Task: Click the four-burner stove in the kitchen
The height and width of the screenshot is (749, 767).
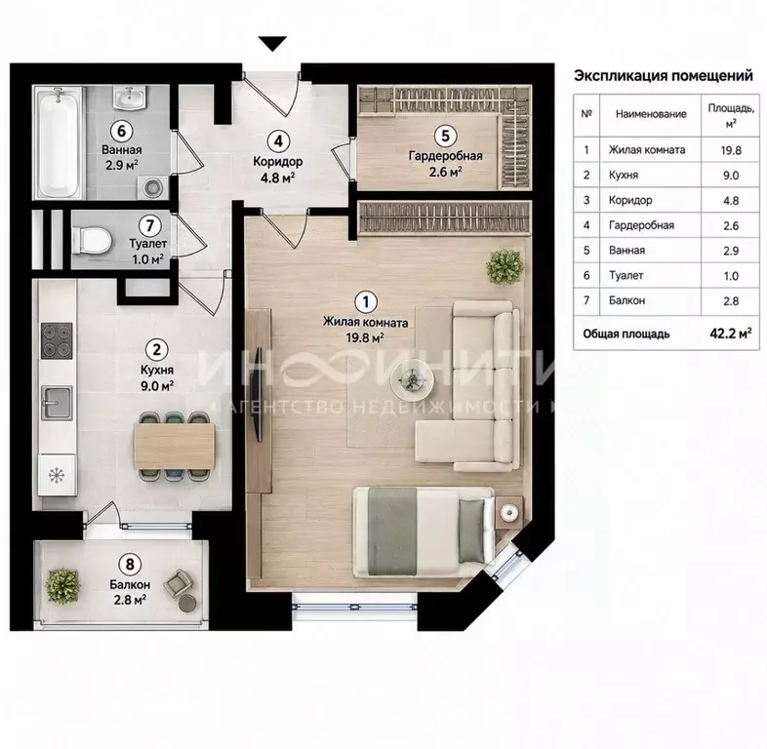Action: [57, 340]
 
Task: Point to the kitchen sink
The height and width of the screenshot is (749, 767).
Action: [57, 403]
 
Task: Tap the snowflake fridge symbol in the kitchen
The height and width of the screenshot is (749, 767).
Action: [57, 474]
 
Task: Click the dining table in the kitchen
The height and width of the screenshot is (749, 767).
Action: [175, 446]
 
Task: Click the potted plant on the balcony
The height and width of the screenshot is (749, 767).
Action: [62, 585]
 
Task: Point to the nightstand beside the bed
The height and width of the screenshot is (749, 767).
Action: [508, 512]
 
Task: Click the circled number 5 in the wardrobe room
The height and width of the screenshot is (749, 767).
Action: [445, 136]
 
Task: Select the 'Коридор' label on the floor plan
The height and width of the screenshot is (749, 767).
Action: [278, 161]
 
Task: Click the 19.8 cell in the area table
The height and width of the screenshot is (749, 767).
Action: [731, 150]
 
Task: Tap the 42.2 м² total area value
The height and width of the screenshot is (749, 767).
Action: [731, 334]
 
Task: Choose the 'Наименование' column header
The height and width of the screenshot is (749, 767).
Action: [651, 114]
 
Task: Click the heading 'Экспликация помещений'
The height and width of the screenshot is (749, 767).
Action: [664, 76]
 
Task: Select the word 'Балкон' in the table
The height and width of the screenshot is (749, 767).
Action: [626, 300]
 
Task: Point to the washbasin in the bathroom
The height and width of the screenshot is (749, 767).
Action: [130, 98]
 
